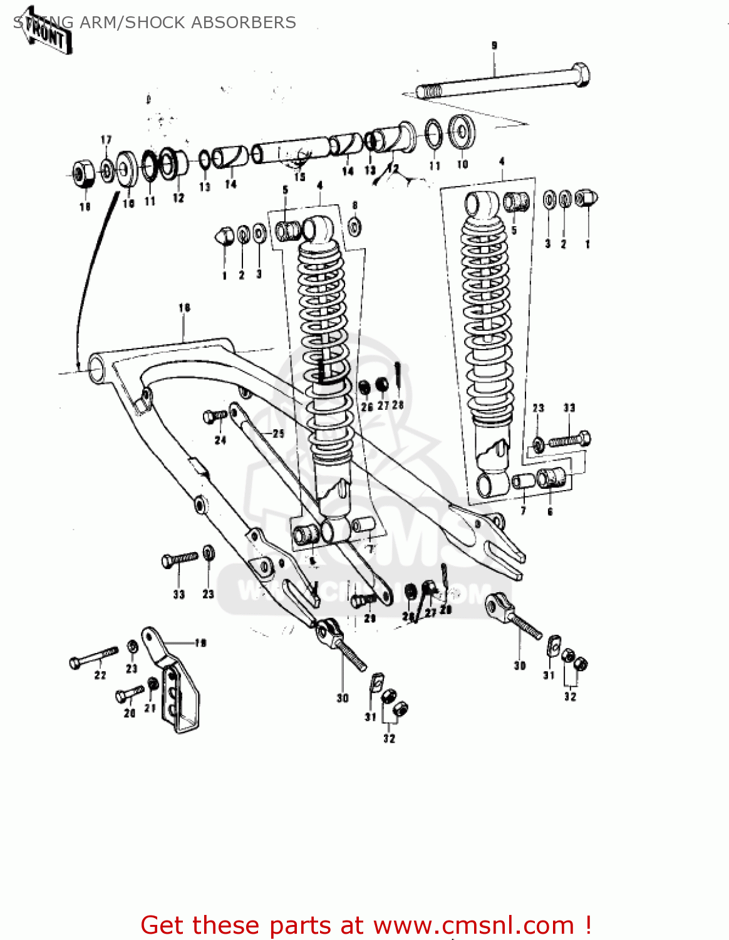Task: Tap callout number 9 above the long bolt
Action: point(494,45)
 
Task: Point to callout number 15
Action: point(299,177)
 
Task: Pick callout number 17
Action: point(106,140)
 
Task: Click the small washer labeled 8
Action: point(354,227)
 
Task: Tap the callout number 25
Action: point(278,433)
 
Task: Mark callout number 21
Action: point(150,708)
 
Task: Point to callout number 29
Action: point(370,619)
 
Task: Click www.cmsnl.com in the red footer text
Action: point(473,926)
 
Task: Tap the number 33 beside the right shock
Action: point(569,408)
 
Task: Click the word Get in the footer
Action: point(164,926)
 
